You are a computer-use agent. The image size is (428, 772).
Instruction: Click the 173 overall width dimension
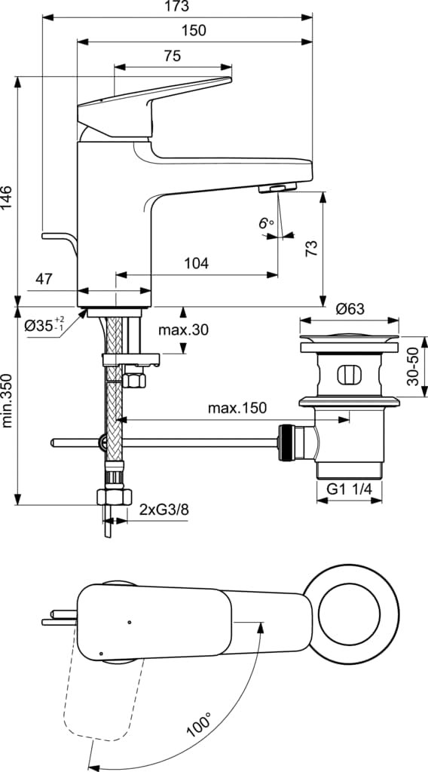click(x=176, y=6)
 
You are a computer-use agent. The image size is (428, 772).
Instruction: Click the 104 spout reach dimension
click(x=196, y=263)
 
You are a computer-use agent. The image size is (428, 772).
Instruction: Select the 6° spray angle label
click(x=265, y=223)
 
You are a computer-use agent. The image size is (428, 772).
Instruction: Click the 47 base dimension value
click(x=44, y=279)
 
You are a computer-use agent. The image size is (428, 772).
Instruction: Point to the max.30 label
click(x=183, y=330)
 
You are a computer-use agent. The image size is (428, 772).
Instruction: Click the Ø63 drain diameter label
click(x=350, y=308)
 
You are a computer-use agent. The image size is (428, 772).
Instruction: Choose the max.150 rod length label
click(x=237, y=408)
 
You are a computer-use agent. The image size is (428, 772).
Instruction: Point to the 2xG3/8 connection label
click(x=164, y=510)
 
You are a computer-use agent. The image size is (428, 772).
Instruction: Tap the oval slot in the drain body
click(x=349, y=375)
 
